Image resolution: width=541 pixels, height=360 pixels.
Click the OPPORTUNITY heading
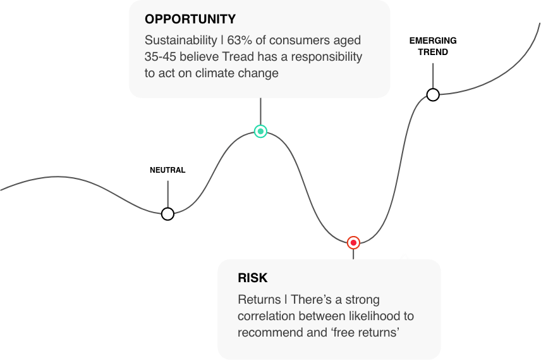190,19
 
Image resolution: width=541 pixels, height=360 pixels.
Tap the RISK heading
253,278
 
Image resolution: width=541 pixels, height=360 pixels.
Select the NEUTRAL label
167,170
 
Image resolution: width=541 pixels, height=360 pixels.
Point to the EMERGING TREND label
433,46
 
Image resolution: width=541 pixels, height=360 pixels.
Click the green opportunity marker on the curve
260,132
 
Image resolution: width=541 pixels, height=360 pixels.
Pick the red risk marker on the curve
353,243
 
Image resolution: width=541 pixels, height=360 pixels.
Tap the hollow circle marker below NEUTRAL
167,214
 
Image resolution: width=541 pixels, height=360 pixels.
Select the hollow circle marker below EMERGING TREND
433,94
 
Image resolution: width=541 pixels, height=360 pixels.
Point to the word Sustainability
181,40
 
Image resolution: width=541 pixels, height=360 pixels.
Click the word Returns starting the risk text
259,299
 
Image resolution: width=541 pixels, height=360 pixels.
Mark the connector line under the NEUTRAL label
168,194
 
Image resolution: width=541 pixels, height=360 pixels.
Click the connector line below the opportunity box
260,111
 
